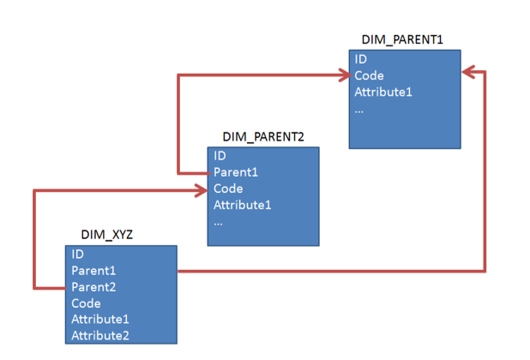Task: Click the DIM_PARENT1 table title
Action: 402,39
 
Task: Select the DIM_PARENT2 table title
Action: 263,137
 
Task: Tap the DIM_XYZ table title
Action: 107,234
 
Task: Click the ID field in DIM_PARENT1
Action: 361,59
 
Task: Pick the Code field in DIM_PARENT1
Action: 369,75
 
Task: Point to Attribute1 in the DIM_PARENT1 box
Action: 383,92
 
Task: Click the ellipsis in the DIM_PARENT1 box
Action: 359,111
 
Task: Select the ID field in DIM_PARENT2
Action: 220,156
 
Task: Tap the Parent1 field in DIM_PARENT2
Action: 236,172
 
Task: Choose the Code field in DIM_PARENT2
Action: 228,189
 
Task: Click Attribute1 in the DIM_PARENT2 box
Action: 243,205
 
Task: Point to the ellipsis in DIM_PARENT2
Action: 218,224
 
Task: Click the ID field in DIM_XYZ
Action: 77,254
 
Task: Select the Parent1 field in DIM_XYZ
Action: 93,271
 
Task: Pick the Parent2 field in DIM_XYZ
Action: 93,287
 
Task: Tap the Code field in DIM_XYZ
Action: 86,303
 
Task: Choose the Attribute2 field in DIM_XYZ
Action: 100,336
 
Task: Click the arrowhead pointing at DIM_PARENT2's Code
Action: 202,191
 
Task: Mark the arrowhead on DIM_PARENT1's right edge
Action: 468,72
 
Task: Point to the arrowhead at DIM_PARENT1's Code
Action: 345,75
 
